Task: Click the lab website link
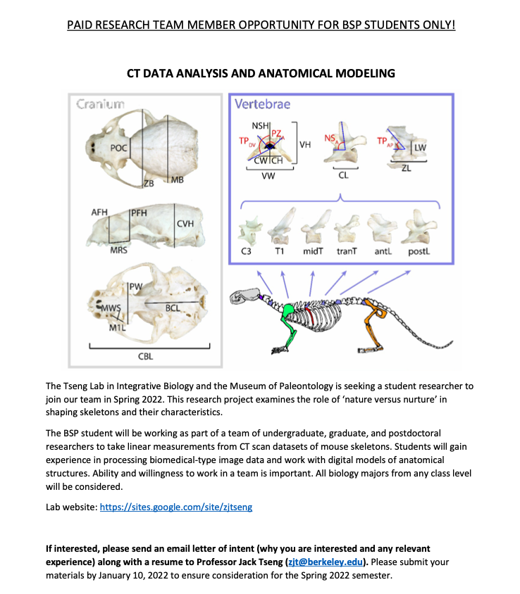[175, 506]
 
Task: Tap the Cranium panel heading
[100, 105]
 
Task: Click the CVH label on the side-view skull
[185, 223]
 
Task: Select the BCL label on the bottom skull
[173, 308]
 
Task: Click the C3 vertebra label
[247, 251]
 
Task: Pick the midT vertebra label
[312, 251]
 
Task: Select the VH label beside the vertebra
[306, 144]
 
